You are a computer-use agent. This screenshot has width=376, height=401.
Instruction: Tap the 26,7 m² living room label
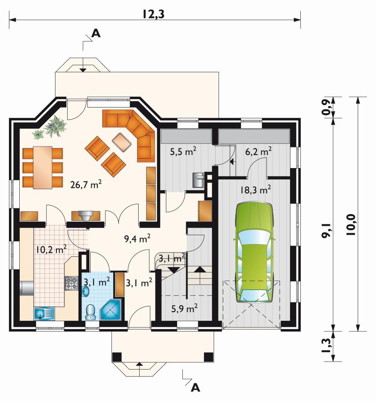pyautogui.click(x=86, y=184)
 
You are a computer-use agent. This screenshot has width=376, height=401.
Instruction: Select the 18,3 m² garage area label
pyautogui.click(x=255, y=190)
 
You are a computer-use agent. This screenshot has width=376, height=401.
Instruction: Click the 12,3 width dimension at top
pyautogui.click(x=153, y=14)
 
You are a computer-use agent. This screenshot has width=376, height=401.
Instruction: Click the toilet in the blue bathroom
pyautogui.click(x=90, y=312)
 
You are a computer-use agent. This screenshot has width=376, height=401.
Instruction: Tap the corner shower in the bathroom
pyautogui.click(x=110, y=310)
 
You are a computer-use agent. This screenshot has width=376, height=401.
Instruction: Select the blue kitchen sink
pyautogui.click(x=44, y=314)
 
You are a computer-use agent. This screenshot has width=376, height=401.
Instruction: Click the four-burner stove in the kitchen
pyautogui.click(x=71, y=283)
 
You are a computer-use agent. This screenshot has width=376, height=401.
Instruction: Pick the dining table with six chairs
pyautogui.click(x=42, y=168)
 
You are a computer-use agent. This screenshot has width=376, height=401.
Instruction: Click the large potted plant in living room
pyautogui.click(x=55, y=125)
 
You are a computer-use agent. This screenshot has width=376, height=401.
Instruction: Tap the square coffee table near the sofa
pyautogui.click(x=122, y=141)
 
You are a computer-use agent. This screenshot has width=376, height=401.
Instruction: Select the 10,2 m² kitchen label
pyautogui.click(x=51, y=249)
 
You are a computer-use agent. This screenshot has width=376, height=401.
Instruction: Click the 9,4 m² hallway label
pyautogui.click(x=137, y=239)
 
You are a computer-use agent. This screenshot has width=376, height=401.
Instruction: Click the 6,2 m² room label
pyautogui.click(x=258, y=152)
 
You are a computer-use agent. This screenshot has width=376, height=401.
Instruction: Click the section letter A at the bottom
pyautogui.click(x=196, y=388)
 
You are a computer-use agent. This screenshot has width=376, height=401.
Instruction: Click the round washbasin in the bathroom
pyautogui.click(x=86, y=291)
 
